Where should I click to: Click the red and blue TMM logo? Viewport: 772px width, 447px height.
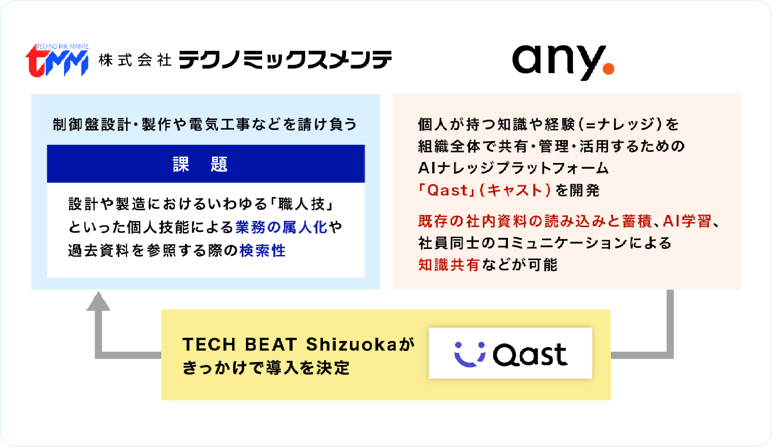57,60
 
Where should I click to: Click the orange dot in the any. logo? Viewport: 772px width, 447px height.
608,69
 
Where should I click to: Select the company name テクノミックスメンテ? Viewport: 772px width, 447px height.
285,60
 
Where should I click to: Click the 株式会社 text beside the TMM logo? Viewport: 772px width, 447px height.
135,60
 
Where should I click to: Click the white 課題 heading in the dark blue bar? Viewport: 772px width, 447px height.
200,164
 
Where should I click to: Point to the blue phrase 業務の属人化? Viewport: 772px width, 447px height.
281,227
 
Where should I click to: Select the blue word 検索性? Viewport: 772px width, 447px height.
263,250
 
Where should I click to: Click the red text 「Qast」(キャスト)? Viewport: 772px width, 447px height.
485,190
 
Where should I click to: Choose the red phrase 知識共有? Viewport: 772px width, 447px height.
449,265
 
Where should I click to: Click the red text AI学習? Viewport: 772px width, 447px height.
687,221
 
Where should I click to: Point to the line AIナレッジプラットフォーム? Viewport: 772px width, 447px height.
513,168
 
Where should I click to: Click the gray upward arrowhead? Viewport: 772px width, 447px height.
98,301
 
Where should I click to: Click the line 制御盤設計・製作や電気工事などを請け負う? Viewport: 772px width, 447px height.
205,124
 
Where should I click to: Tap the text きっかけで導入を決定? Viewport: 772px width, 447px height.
266,368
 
